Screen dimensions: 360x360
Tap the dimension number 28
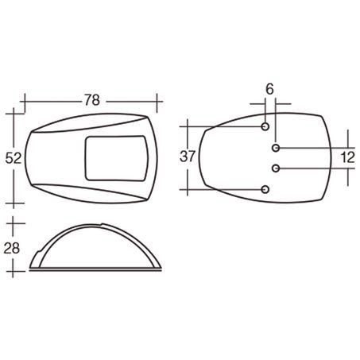[12, 248]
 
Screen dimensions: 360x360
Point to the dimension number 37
[188, 157]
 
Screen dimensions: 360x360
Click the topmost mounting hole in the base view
[266, 126]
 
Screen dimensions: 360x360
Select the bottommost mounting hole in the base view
[266, 188]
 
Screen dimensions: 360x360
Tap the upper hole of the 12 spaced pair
[276, 149]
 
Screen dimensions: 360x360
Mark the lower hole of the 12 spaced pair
[276, 168]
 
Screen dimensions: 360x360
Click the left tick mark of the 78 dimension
[25, 102]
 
